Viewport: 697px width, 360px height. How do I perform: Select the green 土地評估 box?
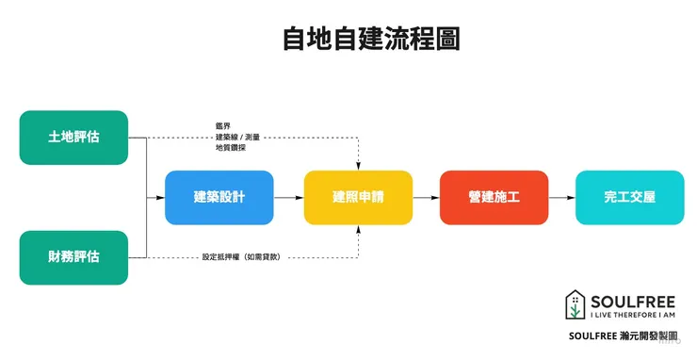point(73,138)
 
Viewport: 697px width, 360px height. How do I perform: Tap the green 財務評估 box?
point(73,257)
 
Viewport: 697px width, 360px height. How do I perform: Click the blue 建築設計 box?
point(219,197)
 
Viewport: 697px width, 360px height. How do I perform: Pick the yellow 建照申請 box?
point(358,197)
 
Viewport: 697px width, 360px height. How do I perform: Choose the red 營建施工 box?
point(494,197)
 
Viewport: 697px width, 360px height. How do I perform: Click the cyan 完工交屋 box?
point(630,197)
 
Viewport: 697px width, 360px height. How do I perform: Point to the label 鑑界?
point(222,126)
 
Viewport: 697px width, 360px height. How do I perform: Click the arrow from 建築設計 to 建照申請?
point(288,198)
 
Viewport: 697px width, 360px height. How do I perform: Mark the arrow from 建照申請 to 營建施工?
point(426,198)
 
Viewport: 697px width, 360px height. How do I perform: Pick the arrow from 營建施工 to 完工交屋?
point(561,198)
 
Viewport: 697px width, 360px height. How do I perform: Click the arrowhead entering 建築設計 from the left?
point(161,198)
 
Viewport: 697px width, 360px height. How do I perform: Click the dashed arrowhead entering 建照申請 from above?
point(358,166)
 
